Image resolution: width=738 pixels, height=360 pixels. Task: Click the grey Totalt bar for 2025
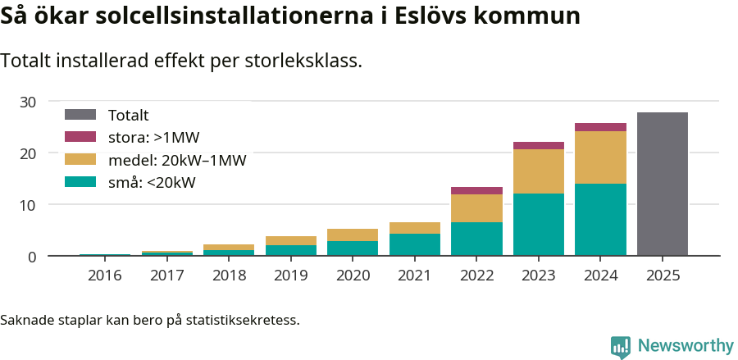tap(662, 184)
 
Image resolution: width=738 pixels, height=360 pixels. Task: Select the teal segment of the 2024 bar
tap(600, 220)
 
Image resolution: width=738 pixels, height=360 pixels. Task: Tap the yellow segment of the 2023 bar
tap(538, 171)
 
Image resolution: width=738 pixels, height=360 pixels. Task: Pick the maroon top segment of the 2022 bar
tap(476, 190)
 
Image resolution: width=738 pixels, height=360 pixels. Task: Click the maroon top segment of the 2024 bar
tap(600, 127)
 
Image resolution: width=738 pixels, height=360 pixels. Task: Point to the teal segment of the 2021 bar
tap(414, 244)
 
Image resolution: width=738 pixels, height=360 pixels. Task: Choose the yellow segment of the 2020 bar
tap(353, 235)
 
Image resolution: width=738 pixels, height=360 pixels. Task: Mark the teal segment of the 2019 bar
tap(290, 250)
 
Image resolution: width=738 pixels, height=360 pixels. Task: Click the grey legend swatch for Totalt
tap(80, 116)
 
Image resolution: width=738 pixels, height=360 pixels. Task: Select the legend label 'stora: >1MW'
tap(153, 138)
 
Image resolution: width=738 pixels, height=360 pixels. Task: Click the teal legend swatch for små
tap(80, 182)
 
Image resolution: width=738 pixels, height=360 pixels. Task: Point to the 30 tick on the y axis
tap(29, 102)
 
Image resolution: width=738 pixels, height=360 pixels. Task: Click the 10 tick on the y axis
tap(29, 205)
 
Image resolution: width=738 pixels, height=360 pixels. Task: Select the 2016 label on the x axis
tap(104, 276)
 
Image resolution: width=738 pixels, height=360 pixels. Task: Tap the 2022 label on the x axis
tap(476, 276)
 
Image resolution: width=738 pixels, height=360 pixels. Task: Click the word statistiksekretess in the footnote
tap(242, 319)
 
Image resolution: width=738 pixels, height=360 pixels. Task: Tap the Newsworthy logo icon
tap(620, 346)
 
